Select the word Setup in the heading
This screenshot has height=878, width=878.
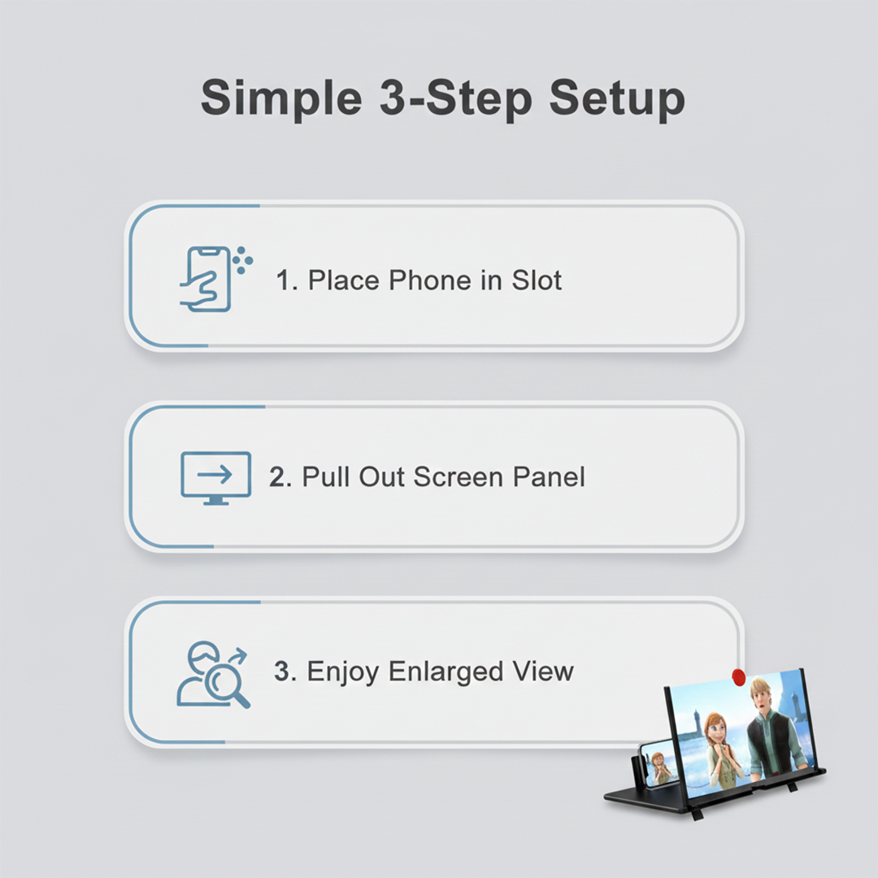point(616,99)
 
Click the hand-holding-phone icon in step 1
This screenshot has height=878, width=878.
point(206,279)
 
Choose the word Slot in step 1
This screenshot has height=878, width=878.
point(537,280)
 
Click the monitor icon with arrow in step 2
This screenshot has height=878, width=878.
point(215,477)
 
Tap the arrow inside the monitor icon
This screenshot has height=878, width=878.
point(215,473)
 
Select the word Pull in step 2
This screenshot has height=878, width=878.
point(325,477)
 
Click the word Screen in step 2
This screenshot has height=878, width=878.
point(459,477)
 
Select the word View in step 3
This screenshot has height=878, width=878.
point(542,672)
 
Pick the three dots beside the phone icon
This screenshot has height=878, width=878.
point(241,261)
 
